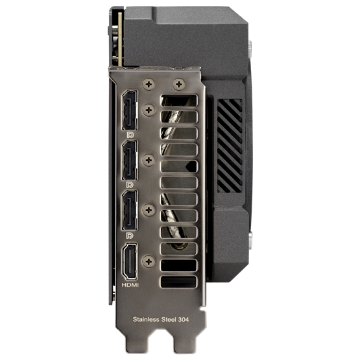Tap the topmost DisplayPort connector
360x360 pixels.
coord(130,110)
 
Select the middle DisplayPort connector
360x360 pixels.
coord(130,160)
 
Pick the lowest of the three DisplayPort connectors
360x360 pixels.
coord(130,210)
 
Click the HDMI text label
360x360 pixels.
coord(130,285)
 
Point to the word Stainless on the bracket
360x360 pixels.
coord(146,319)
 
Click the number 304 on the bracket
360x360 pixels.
coord(184,319)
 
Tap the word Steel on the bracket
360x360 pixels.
coord(169,319)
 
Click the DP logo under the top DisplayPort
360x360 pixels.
coord(130,135)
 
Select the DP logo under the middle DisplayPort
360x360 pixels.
coord(130,185)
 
